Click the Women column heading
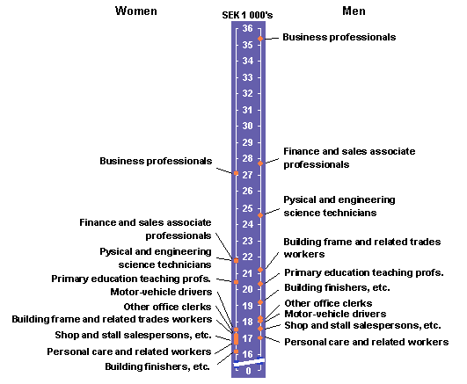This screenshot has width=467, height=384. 136,11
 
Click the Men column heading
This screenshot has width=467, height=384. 354,11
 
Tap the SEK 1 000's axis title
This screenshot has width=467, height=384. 247,15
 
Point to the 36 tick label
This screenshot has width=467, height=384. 247,28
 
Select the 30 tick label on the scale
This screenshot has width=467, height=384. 247,126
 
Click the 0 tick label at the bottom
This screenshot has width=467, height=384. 248,371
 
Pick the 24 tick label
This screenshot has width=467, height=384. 247,224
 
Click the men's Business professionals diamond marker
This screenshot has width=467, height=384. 260,39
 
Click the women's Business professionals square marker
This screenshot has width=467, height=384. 237,173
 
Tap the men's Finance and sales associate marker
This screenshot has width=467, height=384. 260,163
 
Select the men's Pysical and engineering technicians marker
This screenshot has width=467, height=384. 260,215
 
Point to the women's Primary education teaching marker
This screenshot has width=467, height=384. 237,282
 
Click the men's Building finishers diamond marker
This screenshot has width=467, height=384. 260,302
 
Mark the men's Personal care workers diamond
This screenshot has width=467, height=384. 260,337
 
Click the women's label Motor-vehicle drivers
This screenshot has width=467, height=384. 161,292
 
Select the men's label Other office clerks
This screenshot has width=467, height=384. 328,303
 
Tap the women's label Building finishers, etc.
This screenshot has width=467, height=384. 157,366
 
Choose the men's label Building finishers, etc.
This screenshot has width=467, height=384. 337,287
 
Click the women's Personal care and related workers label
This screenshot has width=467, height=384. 129,351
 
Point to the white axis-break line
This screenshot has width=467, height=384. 249,362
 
